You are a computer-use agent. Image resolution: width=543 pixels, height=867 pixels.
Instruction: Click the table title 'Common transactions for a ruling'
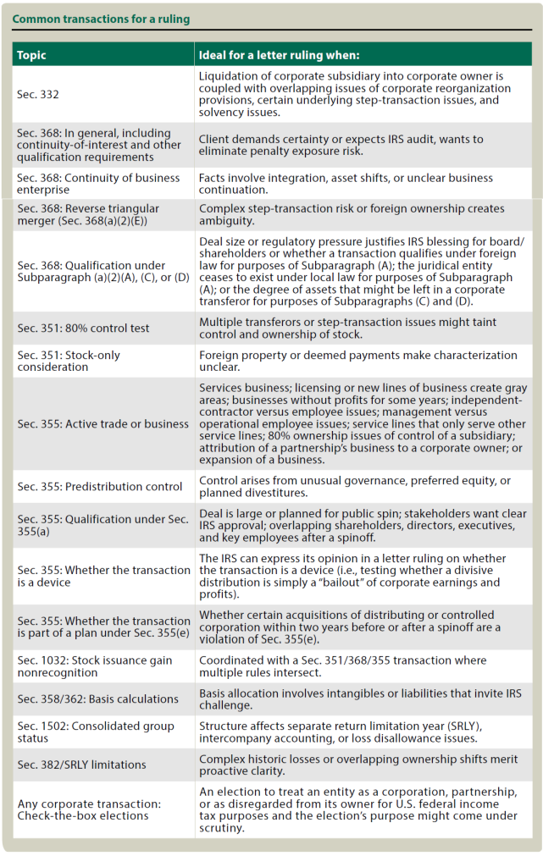click(101, 19)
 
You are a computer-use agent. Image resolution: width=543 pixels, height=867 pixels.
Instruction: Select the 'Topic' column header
click(31, 55)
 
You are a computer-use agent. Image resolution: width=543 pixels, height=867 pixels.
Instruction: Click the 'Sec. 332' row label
click(37, 94)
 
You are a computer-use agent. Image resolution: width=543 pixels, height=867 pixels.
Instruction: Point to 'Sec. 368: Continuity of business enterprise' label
click(98, 184)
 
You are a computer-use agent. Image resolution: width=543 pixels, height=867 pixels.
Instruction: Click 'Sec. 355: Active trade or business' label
click(103, 423)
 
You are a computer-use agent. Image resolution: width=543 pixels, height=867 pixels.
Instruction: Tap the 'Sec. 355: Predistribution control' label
click(99, 486)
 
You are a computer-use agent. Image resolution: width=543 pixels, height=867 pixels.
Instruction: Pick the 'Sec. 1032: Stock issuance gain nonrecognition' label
click(94, 666)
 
